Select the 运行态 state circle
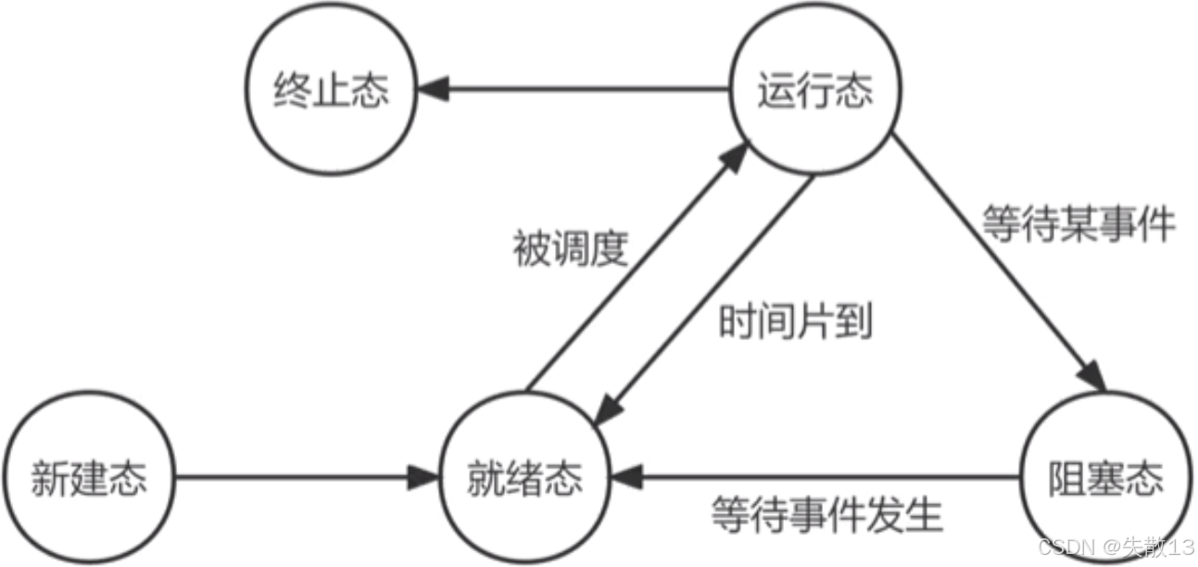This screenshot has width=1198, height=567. (x=814, y=91)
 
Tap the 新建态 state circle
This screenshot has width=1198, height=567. (x=89, y=479)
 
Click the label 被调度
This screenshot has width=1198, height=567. (x=571, y=248)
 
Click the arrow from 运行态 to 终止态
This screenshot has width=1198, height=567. (x=574, y=90)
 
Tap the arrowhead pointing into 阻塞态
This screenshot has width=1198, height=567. (x=1093, y=374)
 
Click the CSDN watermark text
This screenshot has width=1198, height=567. (x=1116, y=547)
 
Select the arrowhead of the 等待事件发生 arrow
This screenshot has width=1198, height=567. (x=624, y=479)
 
